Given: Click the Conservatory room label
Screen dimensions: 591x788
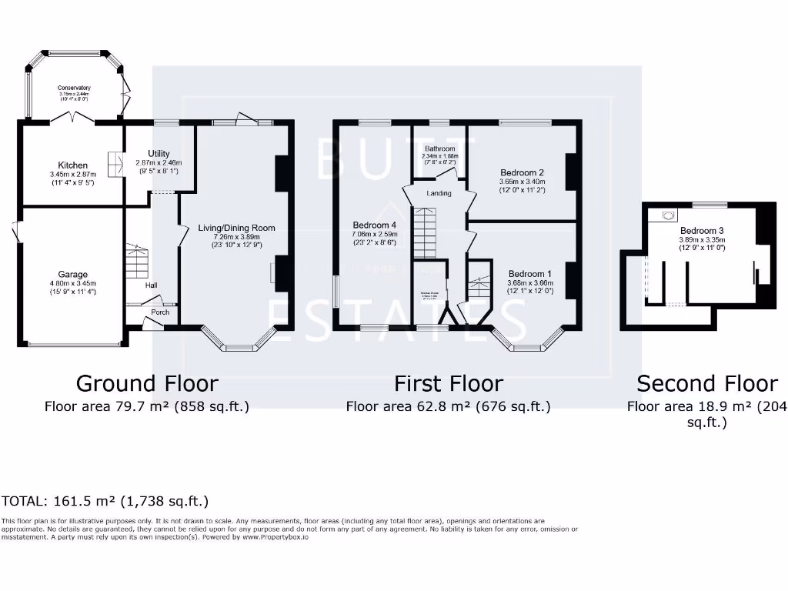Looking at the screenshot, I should [74, 88].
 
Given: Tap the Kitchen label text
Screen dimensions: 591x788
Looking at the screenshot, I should [73, 165].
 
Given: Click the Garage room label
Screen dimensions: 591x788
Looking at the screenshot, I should [73, 274].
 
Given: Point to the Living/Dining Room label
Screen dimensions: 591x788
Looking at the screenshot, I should [236, 228].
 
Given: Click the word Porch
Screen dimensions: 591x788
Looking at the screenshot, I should [160, 312].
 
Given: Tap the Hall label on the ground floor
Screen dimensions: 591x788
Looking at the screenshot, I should [151, 285].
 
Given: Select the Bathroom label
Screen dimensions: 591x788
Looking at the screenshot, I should [439, 149].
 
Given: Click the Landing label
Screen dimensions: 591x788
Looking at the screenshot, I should [439, 193].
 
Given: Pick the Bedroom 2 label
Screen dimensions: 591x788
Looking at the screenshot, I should [522, 172].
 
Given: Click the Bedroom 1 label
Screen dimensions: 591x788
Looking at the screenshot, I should [529, 274].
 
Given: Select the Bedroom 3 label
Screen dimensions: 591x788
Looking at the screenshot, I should [702, 230].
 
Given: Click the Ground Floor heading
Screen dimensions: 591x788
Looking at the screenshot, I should [147, 383].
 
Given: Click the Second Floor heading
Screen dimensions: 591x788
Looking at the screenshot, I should [707, 383].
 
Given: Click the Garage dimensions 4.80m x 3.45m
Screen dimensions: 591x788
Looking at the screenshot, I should [73, 283].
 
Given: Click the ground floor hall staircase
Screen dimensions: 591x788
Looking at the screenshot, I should [135, 262].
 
